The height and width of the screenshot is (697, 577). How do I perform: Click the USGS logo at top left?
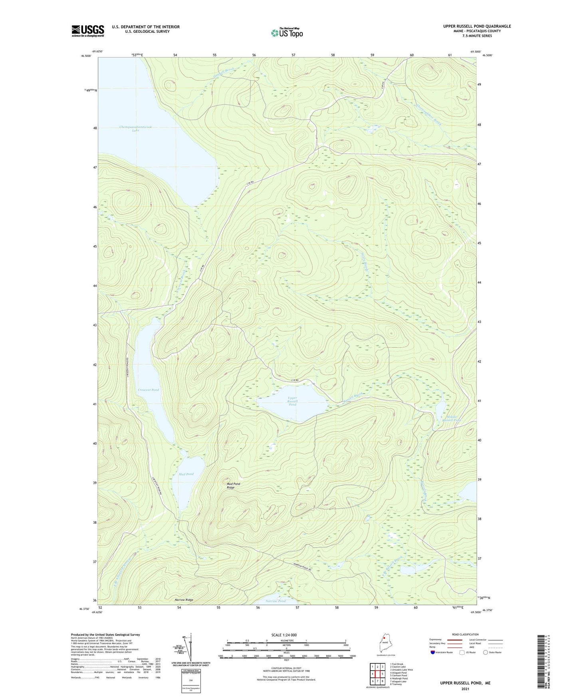88,31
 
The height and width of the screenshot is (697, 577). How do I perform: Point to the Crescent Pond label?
148,390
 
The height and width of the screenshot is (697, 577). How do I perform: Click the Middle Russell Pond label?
451,418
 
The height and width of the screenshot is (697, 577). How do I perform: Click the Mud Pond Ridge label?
234,485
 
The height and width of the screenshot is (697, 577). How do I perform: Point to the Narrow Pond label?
276,601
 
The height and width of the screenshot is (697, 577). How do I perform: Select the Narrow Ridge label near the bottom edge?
184,600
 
